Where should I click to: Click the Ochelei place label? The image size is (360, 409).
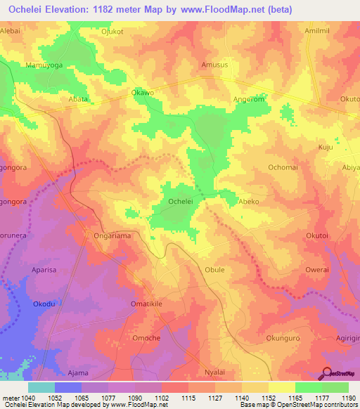(x=181, y=201)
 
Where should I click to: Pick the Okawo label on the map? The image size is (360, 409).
(x=143, y=92)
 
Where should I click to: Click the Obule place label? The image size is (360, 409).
(x=214, y=269)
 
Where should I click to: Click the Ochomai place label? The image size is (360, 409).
(x=283, y=167)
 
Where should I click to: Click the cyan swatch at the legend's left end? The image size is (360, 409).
(x=41, y=387)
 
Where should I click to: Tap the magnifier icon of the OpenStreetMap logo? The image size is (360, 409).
(x=327, y=373)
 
